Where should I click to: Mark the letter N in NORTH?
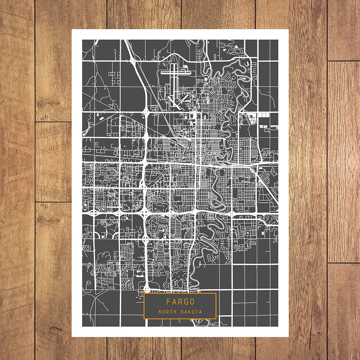pyautogui.click(x=159, y=312)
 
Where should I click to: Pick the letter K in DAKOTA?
pyautogui.click(x=189, y=312)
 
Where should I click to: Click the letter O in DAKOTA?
pyautogui.click(x=193, y=312)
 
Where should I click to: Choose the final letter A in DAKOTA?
pyautogui.click(x=201, y=312)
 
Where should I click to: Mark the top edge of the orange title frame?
pyautogui.click(x=180, y=293)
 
